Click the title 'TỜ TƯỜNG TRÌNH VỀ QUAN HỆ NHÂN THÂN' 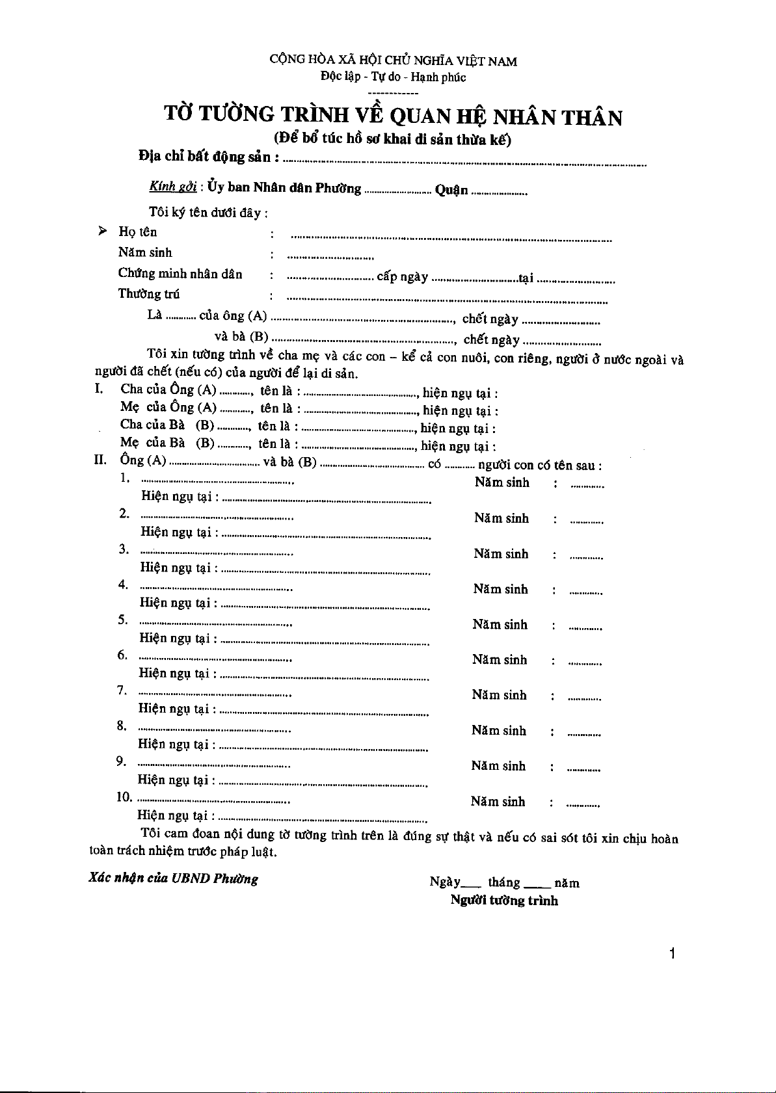[393, 116]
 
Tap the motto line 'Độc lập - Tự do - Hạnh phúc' [393, 77]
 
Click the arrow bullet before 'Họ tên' [103, 231]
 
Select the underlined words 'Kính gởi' [172, 187]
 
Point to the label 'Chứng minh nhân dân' [180, 274]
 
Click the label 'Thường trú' [149, 294]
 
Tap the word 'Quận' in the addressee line [451, 190]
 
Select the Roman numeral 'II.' [100, 460]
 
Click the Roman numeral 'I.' [100, 389]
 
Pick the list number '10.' [124, 797]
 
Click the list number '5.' [123, 619]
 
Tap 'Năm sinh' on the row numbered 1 [502, 482]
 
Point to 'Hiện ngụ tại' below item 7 [174, 709]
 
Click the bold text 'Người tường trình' [504, 901]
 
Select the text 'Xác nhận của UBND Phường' [174, 878]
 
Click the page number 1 [672, 954]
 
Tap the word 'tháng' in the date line [504, 882]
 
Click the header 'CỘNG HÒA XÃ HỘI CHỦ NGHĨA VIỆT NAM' [393, 60]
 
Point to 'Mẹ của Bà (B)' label [167, 443]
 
